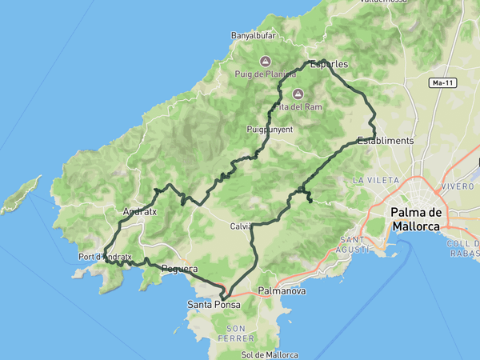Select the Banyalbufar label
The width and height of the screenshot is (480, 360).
[x=254, y=35]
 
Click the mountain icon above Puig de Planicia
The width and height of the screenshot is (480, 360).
[x=265, y=61]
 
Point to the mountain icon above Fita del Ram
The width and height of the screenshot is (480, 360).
[x=298, y=94]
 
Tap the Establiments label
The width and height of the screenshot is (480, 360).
[x=386, y=140]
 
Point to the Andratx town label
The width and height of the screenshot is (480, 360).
[x=140, y=212]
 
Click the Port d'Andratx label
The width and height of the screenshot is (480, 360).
[x=105, y=257]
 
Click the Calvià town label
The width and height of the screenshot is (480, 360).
[x=241, y=226]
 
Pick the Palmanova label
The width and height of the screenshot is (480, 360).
[x=282, y=291]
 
